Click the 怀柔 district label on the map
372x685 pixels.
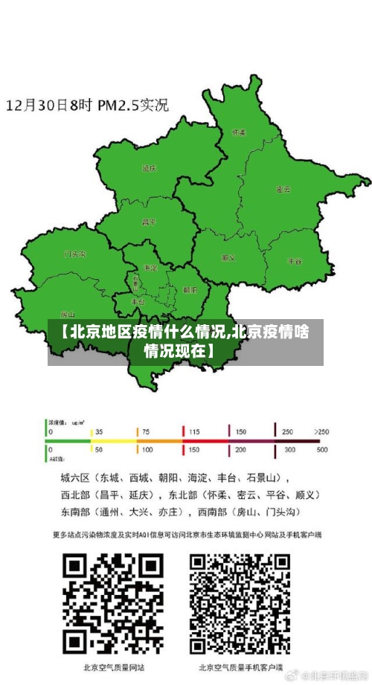click(x=239, y=132)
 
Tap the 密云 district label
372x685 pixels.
click(x=283, y=190)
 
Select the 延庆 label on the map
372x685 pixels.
click(x=149, y=169)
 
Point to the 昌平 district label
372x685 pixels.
click(x=149, y=222)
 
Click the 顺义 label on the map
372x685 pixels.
click(x=228, y=258)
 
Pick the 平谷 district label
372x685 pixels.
click(x=295, y=262)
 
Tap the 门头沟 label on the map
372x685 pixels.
click(x=75, y=254)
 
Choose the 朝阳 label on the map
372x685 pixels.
click(x=190, y=290)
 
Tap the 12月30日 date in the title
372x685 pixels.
click(x=36, y=105)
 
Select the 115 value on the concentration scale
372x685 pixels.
click(x=193, y=431)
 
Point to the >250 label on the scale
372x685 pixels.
click(x=321, y=431)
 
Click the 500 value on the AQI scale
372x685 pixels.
click(x=323, y=450)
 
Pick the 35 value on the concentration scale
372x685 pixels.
click(x=99, y=431)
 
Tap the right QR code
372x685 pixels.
click(x=240, y=604)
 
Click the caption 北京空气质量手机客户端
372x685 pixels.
click(x=240, y=666)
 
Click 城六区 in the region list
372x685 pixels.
click(x=74, y=477)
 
